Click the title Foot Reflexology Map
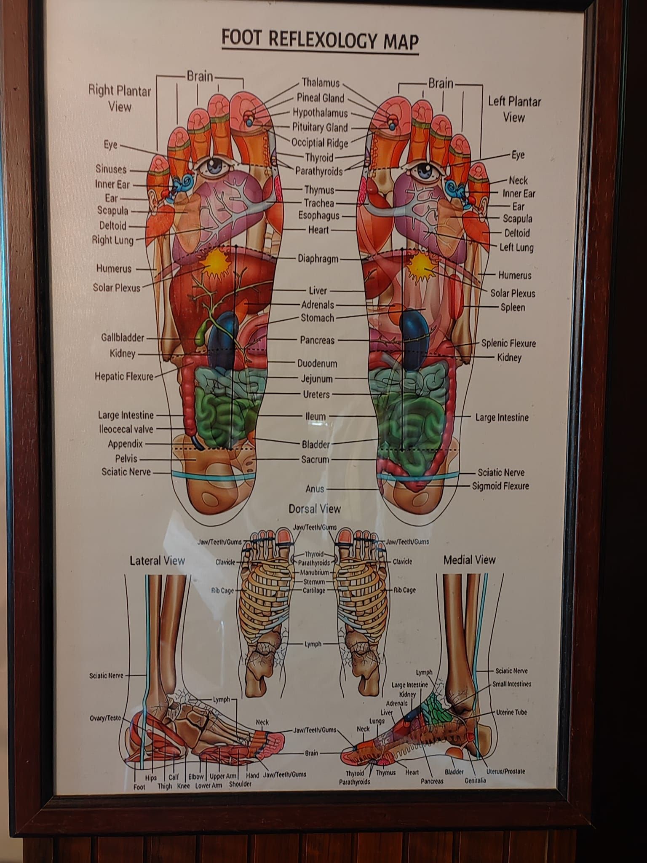coord(320,41)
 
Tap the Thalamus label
coord(321,83)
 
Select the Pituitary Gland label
coord(320,127)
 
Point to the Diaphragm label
coord(318,258)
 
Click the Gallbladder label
coord(123,338)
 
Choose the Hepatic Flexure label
coord(124,376)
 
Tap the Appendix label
coord(125,444)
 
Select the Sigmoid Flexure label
coord(500,486)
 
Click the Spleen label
coord(513,307)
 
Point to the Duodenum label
coord(317,363)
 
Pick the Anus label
coord(315,489)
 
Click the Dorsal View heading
coord(314,509)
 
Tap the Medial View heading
coord(469,560)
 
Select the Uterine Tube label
coord(511,712)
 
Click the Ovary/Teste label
coord(105,718)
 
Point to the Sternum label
coord(314,582)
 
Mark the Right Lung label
coord(112,241)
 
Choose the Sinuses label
coord(111,169)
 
